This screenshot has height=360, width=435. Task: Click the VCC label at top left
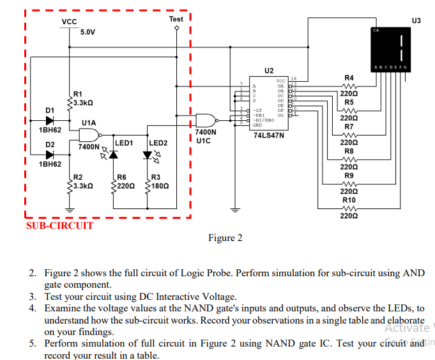pos(69,22)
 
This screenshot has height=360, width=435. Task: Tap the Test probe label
pos(176,19)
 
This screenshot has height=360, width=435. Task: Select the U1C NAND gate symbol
pos(206,120)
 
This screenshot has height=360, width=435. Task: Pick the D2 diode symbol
pos(50,155)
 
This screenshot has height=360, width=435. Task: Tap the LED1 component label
pos(123,143)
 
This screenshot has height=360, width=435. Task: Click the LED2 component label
pos(158,143)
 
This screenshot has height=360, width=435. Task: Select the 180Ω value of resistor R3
pos(160,185)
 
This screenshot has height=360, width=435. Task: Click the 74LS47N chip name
pos(268,136)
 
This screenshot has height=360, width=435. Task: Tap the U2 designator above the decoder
pos(268,69)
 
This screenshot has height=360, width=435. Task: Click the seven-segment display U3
pos(391,49)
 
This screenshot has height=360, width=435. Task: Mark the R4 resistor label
pos(349,78)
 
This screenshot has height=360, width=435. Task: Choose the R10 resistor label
pos(349,200)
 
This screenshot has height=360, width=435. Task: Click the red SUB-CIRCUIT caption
pos(59,226)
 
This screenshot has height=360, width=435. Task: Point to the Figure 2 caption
pos(225,239)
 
